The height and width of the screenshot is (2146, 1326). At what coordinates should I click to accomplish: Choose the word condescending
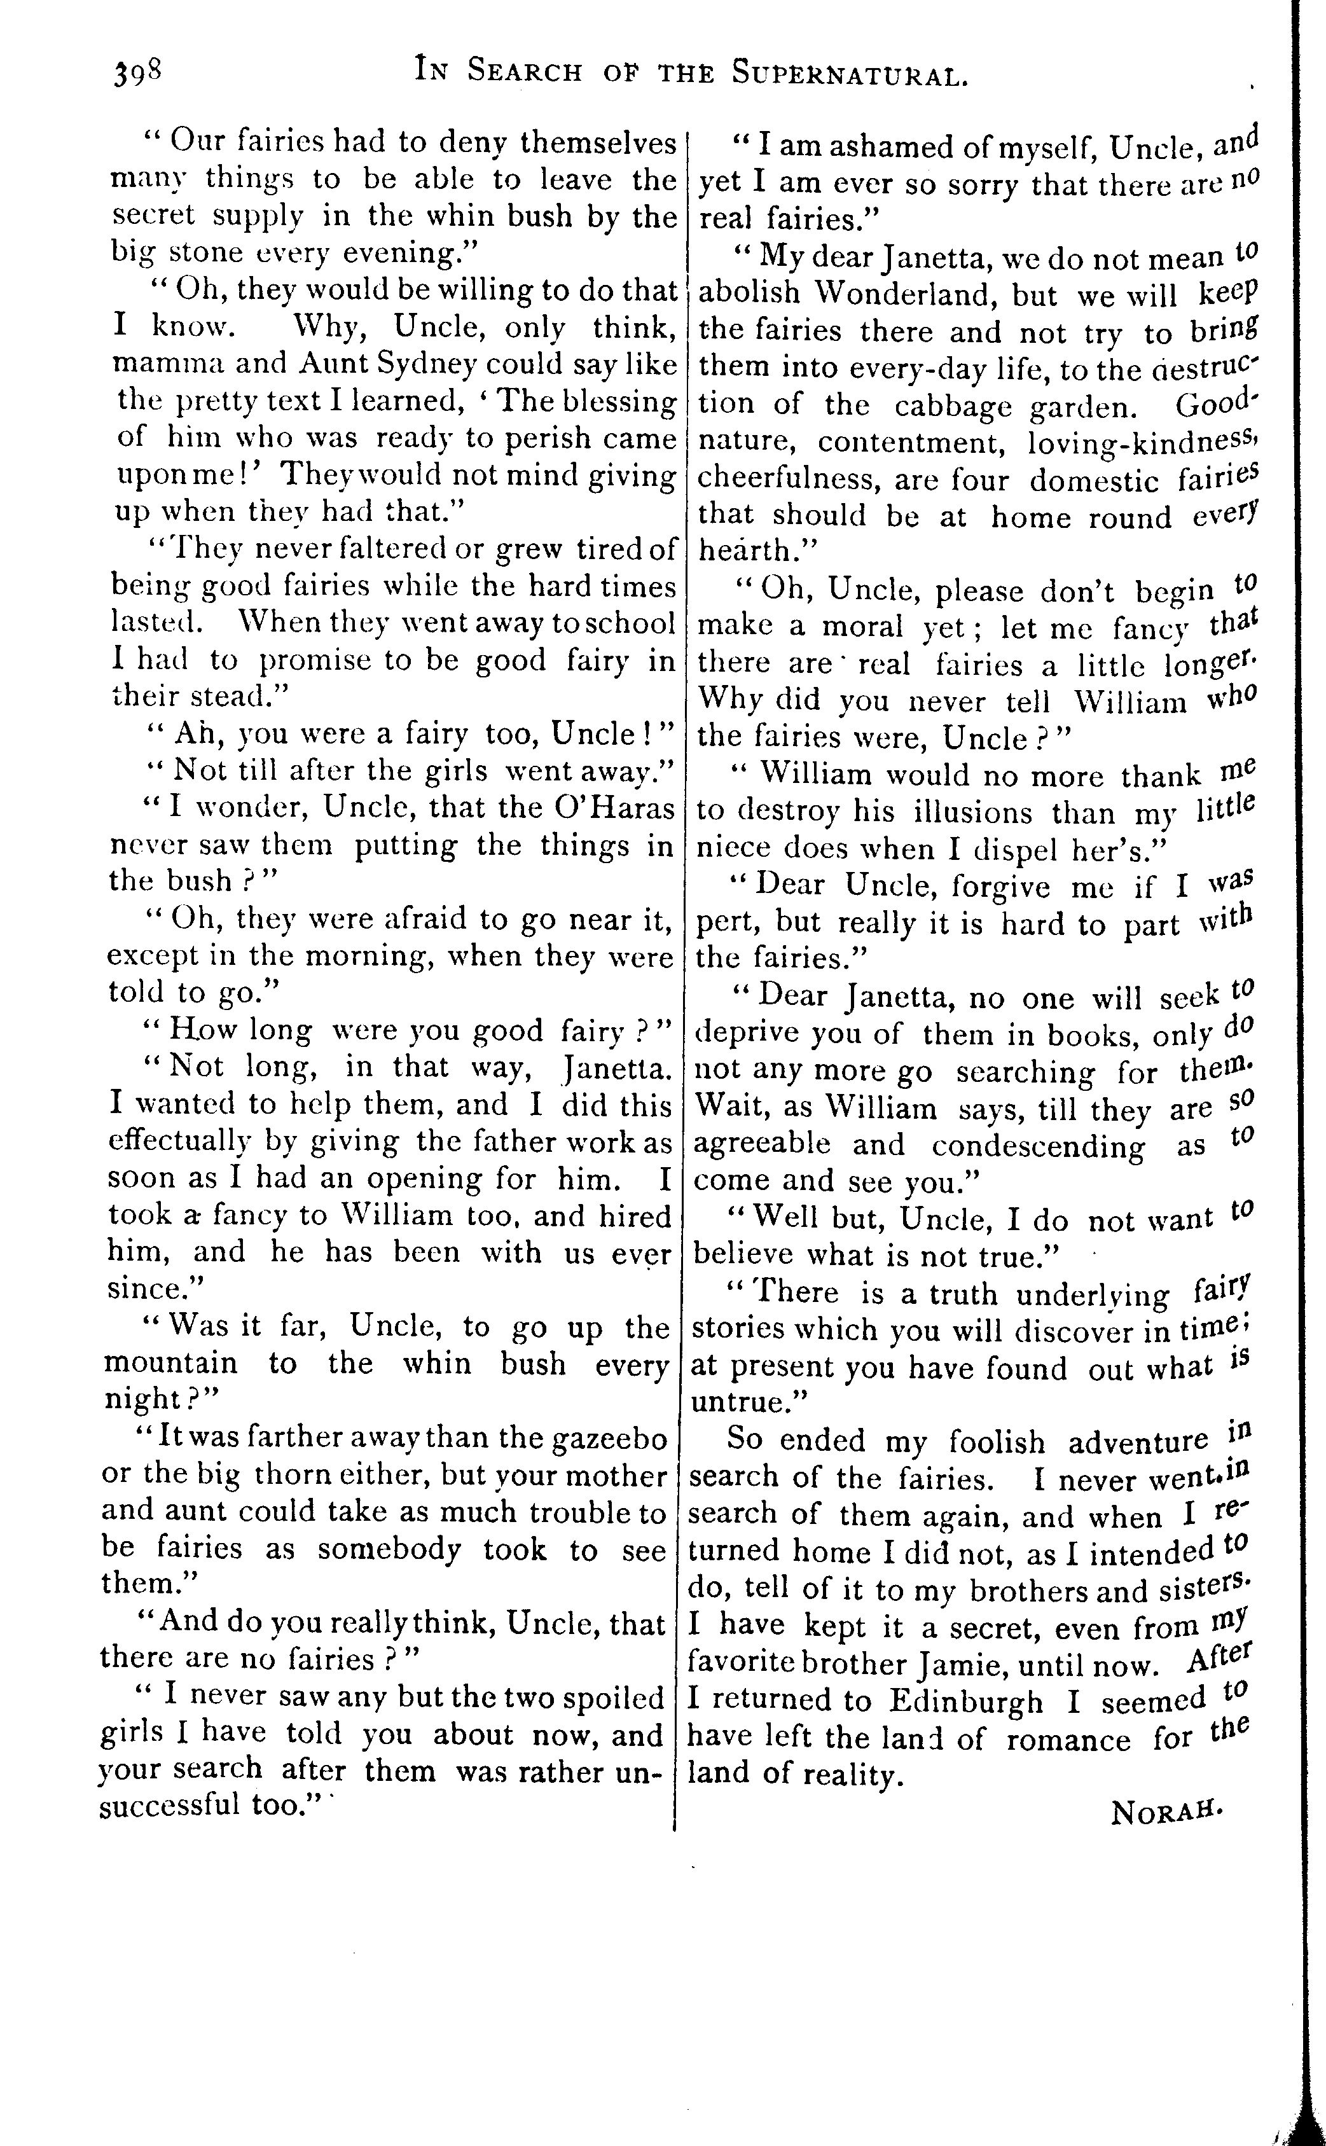(1037, 1147)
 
